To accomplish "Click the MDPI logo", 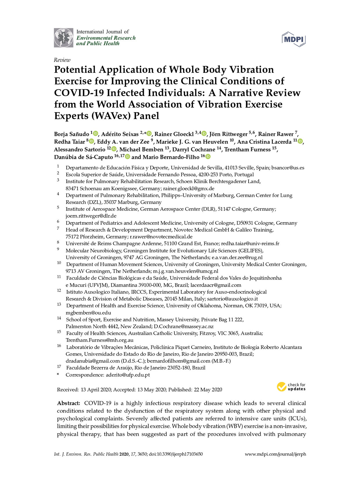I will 294,39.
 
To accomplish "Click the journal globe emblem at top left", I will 64,38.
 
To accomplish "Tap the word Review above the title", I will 62,60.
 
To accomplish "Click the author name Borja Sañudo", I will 71,134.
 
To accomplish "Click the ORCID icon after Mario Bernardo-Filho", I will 208,157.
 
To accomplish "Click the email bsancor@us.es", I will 288,168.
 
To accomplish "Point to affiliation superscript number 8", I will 58,242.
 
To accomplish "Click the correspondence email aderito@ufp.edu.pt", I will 128,375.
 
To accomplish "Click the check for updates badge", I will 291,387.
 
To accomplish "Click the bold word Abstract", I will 68,403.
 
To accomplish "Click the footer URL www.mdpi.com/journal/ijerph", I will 275,454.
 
